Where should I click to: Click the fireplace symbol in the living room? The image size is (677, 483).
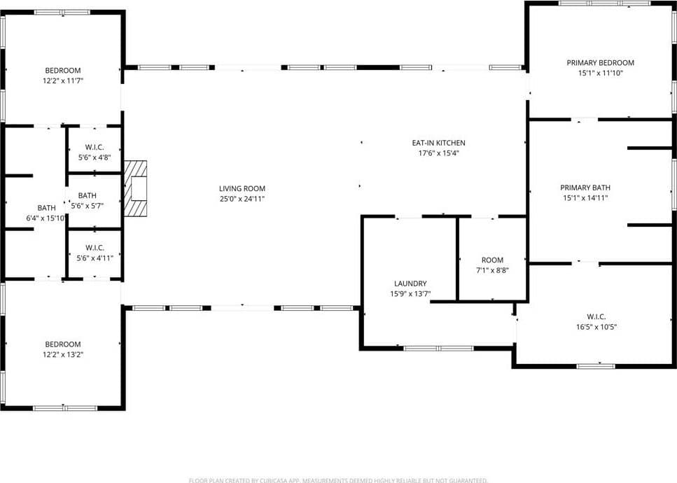coord(136,190)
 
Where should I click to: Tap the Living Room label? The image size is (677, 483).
coord(242,188)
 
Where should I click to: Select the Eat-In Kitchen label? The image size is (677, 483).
coord(438,143)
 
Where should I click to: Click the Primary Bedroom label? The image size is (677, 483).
coord(600,63)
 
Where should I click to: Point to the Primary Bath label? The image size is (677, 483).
coord(585,188)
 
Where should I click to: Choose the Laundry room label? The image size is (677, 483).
coord(410,283)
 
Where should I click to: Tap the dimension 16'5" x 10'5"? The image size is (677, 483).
coord(596,326)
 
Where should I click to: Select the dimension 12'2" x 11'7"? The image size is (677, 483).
coord(63,80)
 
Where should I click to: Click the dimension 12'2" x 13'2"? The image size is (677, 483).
coord(63,354)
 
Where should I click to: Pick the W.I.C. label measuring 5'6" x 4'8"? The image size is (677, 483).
coord(95,148)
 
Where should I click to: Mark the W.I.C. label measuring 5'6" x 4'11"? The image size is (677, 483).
coord(95,248)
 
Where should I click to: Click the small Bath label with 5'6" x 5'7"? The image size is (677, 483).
coord(88,196)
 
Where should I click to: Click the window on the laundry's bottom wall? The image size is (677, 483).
coord(438,348)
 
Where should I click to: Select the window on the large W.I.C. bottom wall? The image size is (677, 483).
coord(596,365)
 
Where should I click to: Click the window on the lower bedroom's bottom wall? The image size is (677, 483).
coord(64,408)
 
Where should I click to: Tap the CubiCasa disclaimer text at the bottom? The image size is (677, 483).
coord(338,480)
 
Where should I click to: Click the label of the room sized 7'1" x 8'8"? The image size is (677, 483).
coord(492,260)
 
